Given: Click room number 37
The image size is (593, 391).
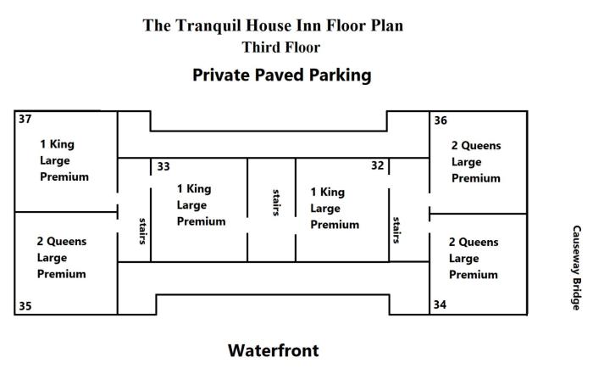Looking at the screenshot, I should [25, 120].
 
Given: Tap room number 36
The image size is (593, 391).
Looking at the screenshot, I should [441, 120].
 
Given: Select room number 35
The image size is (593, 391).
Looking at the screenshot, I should [25, 306].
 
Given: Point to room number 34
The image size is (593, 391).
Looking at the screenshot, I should [441, 304].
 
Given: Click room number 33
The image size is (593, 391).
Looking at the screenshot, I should [163, 166].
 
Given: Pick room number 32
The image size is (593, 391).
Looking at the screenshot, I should [378, 165].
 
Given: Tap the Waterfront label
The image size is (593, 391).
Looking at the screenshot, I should [273, 350].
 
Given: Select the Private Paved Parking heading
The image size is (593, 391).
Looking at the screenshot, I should [282, 75].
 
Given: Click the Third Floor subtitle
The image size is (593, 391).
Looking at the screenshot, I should [281, 47].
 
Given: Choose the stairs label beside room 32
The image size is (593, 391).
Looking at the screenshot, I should [396, 229].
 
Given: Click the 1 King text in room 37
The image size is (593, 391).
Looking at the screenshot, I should [57, 144].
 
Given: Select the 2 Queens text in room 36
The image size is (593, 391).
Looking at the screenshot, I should [476, 145].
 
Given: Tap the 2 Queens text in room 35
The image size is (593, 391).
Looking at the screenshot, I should [62, 242].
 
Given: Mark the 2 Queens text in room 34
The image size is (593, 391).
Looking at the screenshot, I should [474, 242].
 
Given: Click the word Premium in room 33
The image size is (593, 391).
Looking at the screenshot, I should [201, 221].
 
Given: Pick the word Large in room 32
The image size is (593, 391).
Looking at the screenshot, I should [325, 209].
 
